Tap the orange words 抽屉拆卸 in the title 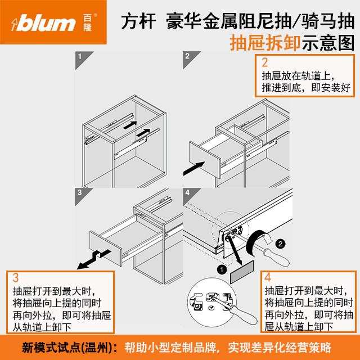(264, 43)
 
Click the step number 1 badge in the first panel (80, 56)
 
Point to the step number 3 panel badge (80, 192)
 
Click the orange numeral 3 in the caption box (16, 277)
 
